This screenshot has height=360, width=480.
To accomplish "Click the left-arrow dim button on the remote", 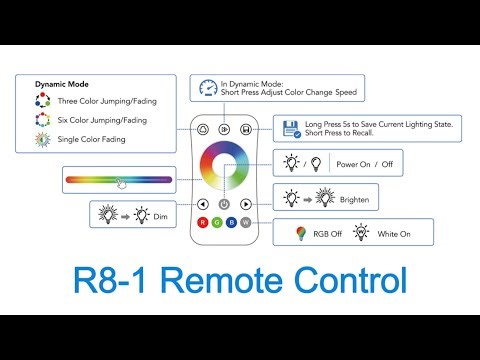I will point(203,204).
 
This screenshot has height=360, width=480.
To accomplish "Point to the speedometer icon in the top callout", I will point(207,88).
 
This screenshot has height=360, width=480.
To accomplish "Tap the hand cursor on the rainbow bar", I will point(120,183).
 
